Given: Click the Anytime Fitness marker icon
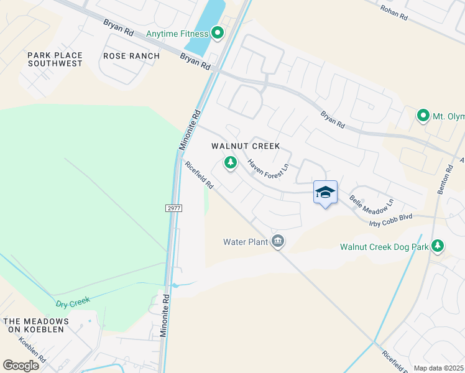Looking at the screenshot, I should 218,33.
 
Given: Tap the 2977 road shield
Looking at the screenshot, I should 174,208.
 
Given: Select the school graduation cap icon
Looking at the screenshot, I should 325,193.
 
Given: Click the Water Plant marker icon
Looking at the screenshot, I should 278,241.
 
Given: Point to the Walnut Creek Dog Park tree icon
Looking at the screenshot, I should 438,246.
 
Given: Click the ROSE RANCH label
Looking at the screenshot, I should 132,56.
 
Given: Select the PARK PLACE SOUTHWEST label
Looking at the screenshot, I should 55,59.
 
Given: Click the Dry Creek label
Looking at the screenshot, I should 73,302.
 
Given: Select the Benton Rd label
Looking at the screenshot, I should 443,180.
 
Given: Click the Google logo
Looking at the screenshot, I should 21,366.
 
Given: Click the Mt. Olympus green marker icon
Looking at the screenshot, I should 423,116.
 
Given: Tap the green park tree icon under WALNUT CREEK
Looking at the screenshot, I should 231,163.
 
